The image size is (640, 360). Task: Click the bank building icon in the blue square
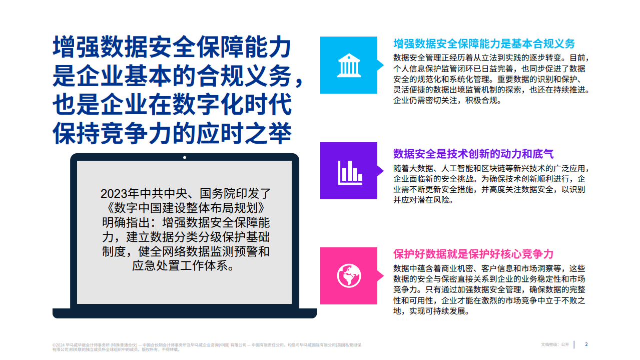tap(348, 65)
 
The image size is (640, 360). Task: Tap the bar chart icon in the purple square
tap(348, 171)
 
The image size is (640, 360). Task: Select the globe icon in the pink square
tap(348, 275)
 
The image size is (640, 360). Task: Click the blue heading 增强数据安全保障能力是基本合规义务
tap(484, 44)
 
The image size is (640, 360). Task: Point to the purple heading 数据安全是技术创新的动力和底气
tap(473, 154)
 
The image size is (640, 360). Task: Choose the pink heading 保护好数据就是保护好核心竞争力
tap(473, 254)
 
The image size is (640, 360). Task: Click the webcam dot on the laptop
tap(185, 157)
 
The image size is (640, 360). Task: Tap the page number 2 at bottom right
tap(586, 344)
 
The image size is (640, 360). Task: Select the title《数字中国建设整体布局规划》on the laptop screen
tap(185, 207)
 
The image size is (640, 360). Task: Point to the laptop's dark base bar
tap(185, 313)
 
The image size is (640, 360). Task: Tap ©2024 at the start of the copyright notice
tap(58, 345)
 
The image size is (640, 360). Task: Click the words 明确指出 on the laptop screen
tap(119, 222)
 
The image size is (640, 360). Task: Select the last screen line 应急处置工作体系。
tap(185, 265)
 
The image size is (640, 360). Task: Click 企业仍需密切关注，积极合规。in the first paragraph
tap(447, 100)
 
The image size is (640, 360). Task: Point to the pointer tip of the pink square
tap(383, 275)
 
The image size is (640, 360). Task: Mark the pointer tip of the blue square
tap(383, 65)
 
